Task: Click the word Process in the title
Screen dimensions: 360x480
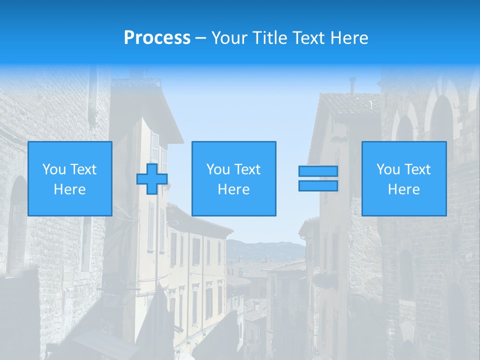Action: point(157,38)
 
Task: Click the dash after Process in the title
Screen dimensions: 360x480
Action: point(200,38)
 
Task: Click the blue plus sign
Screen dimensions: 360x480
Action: point(152,178)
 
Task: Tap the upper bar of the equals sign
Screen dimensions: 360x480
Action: point(318,171)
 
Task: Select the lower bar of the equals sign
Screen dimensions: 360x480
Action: point(318,186)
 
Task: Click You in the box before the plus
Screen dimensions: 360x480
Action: point(53,169)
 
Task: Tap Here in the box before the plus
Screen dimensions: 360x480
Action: point(70,189)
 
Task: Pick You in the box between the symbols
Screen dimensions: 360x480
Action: point(217,169)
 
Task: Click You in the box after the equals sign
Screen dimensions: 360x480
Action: point(387,169)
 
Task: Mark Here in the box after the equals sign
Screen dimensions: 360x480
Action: point(404,189)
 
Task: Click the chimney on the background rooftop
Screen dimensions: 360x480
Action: point(352,85)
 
